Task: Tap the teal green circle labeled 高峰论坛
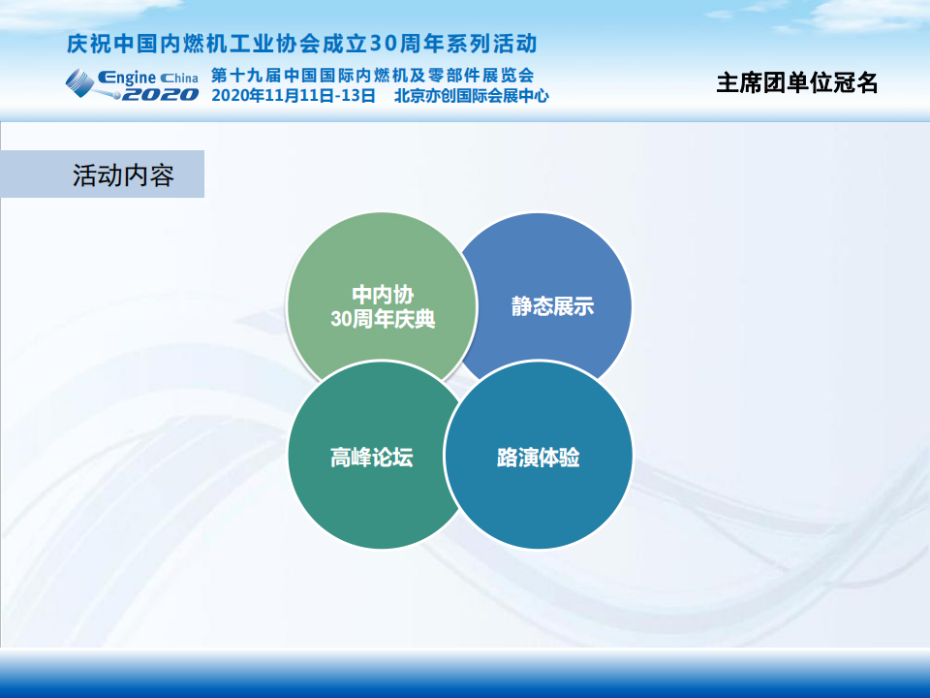372,456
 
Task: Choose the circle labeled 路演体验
538,456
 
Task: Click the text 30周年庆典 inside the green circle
383,319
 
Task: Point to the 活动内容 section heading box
102,174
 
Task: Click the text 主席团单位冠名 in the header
796,83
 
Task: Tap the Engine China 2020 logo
132,84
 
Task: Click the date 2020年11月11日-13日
294,96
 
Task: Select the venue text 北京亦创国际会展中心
472,96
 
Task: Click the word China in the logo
179,78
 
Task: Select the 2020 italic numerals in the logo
160,94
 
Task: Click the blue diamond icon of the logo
79,82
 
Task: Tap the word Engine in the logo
127,78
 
